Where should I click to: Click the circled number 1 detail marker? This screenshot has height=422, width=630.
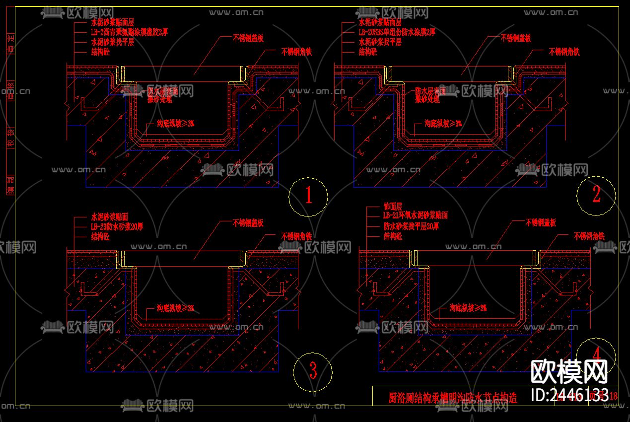(x=308, y=195)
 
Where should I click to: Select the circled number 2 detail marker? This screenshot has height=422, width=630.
(x=596, y=195)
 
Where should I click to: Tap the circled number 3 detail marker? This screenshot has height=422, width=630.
(x=312, y=370)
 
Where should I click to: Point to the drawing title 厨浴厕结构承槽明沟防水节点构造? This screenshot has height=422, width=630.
(x=452, y=398)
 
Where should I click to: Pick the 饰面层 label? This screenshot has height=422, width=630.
(x=393, y=206)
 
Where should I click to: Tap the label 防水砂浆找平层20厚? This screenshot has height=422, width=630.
(x=411, y=226)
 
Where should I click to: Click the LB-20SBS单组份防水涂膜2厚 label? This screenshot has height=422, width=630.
(x=397, y=32)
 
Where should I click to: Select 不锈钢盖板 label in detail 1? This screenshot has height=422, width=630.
(x=248, y=38)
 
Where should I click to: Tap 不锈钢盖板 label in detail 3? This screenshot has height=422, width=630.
(x=248, y=223)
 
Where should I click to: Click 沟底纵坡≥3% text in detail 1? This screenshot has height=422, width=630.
(x=176, y=123)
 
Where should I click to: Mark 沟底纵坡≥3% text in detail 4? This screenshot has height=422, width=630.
(x=468, y=308)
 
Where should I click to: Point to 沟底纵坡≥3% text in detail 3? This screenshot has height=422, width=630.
(x=175, y=308)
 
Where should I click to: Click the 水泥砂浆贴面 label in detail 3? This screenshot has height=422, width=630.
(x=110, y=217)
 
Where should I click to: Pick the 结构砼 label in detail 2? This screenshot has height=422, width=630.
(x=368, y=52)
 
